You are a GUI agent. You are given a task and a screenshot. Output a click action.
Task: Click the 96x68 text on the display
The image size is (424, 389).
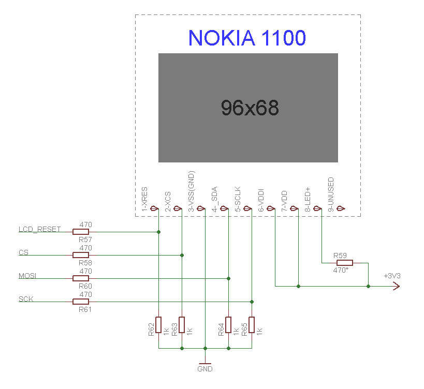coord(250,108)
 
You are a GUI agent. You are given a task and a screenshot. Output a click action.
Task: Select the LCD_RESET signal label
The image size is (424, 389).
coord(39,229)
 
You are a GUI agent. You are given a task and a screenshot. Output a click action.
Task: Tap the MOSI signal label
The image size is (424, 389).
coord(27,276)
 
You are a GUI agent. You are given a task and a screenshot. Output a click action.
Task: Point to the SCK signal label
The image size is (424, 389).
coord(25,299)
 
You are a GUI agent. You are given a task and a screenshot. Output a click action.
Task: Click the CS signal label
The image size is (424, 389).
coord(23,252)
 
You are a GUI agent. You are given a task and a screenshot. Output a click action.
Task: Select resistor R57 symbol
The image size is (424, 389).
coord(81,232)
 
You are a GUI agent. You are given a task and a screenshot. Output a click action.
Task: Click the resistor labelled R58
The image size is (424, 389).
coord(81,255)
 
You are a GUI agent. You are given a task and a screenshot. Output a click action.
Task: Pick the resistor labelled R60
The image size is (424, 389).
coord(81,278)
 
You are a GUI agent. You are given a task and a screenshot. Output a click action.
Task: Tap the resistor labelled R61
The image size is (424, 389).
coord(81,302)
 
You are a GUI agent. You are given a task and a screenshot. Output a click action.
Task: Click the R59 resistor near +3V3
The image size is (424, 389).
coord(345,263)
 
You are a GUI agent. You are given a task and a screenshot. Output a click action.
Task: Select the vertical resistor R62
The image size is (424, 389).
coord(158,325)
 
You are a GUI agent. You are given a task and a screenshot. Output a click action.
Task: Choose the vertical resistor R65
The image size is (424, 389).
coord(252,325)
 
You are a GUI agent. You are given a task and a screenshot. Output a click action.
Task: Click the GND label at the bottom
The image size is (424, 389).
coord(205,369)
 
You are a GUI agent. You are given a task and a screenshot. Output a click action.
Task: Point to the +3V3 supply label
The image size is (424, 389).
coord(392,276)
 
